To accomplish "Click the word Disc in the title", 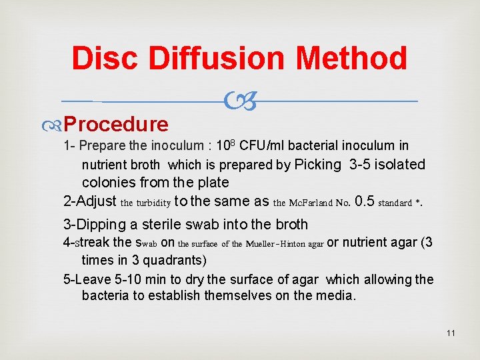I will [x=106, y=59].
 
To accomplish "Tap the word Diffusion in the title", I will [x=219, y=59].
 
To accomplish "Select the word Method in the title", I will [x=351, y=59].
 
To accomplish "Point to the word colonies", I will [x=107, y=183].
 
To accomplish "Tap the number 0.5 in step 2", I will [x=365, y=201].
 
